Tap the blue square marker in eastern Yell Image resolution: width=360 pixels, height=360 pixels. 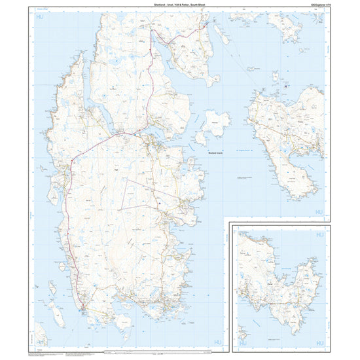click(x=159, y=204)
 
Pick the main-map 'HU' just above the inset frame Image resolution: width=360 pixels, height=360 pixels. click(x=319, y=213)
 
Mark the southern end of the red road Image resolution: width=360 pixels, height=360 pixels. click(x=83, y=304)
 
